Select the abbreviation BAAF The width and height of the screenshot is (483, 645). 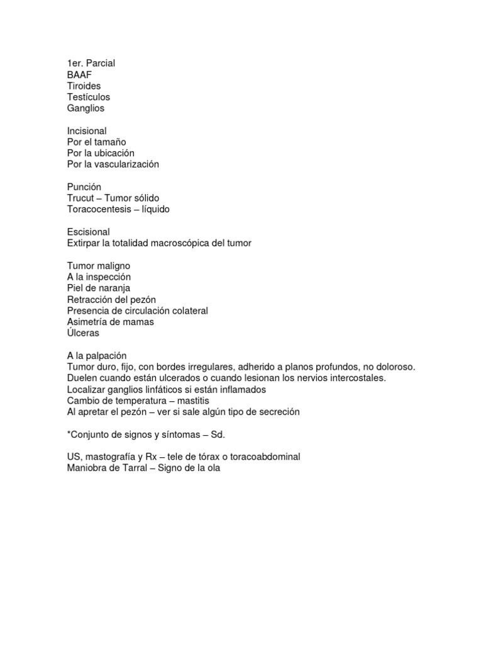tap(79, 74)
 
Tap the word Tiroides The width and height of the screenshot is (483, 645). tap(84, 86)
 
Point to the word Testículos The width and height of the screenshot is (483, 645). tap(89, 97)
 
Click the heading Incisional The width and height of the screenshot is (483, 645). tap(87, 131)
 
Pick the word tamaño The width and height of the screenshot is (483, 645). tap(111, 142)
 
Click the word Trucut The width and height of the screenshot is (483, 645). tap(80, 198)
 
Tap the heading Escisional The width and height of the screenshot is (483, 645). tap(88, 232)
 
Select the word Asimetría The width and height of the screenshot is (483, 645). tap(87, 322)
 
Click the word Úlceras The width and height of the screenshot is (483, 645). tap(83, 333)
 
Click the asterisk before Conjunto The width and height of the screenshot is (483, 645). tap(69, 434)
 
